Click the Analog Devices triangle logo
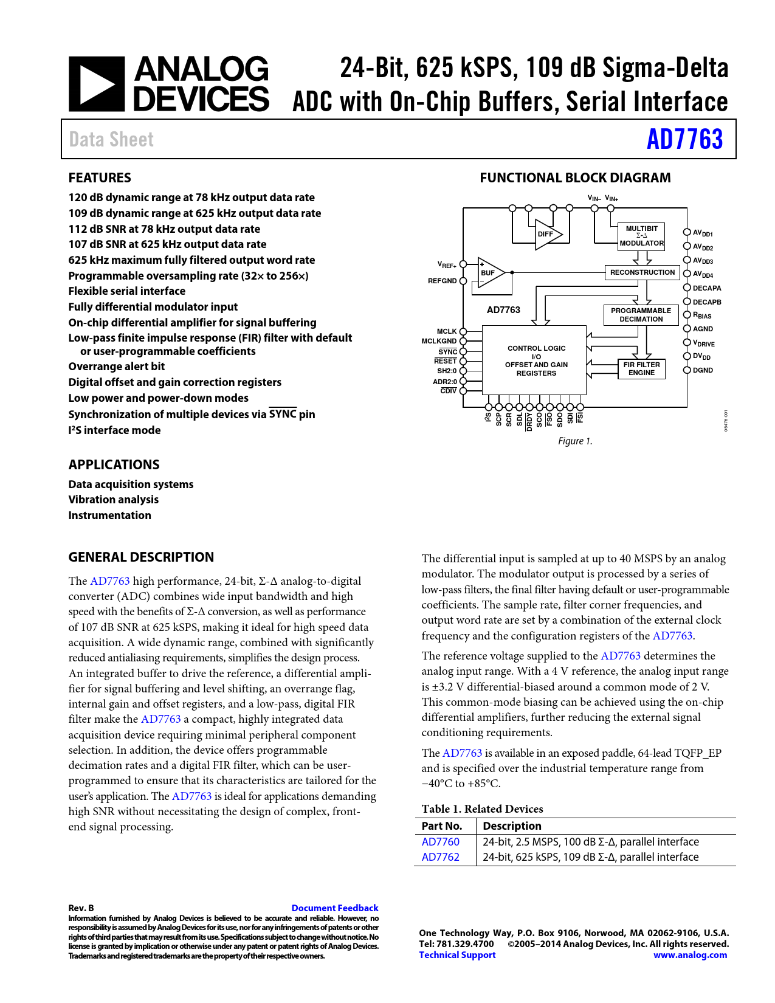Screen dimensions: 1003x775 (96, 84)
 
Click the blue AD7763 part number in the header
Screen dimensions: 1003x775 (684, 139)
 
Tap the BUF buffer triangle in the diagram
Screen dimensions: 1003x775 (490, 273)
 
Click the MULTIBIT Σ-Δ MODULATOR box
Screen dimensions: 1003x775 (641, 236)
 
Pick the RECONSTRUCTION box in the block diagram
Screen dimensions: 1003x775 (642, 272)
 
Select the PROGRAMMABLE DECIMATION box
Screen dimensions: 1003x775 (641, 315)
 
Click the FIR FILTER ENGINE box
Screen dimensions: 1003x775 (641, 369)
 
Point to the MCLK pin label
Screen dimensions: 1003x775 (447, 331)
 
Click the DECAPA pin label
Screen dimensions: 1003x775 (707, 288)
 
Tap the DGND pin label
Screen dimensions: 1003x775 (703, 370)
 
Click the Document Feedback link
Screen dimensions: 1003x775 (335, 908)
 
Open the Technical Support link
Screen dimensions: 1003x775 (457, 955)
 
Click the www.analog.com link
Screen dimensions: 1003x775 (690, 955)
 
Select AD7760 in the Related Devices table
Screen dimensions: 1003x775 (441, 842)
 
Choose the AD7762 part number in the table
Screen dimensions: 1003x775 (441, 857)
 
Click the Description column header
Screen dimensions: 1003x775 (512, 826)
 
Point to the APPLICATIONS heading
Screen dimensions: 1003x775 (114, 465)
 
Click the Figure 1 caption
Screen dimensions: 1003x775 (575, 441)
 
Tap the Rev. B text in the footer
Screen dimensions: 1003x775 (81, 908)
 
